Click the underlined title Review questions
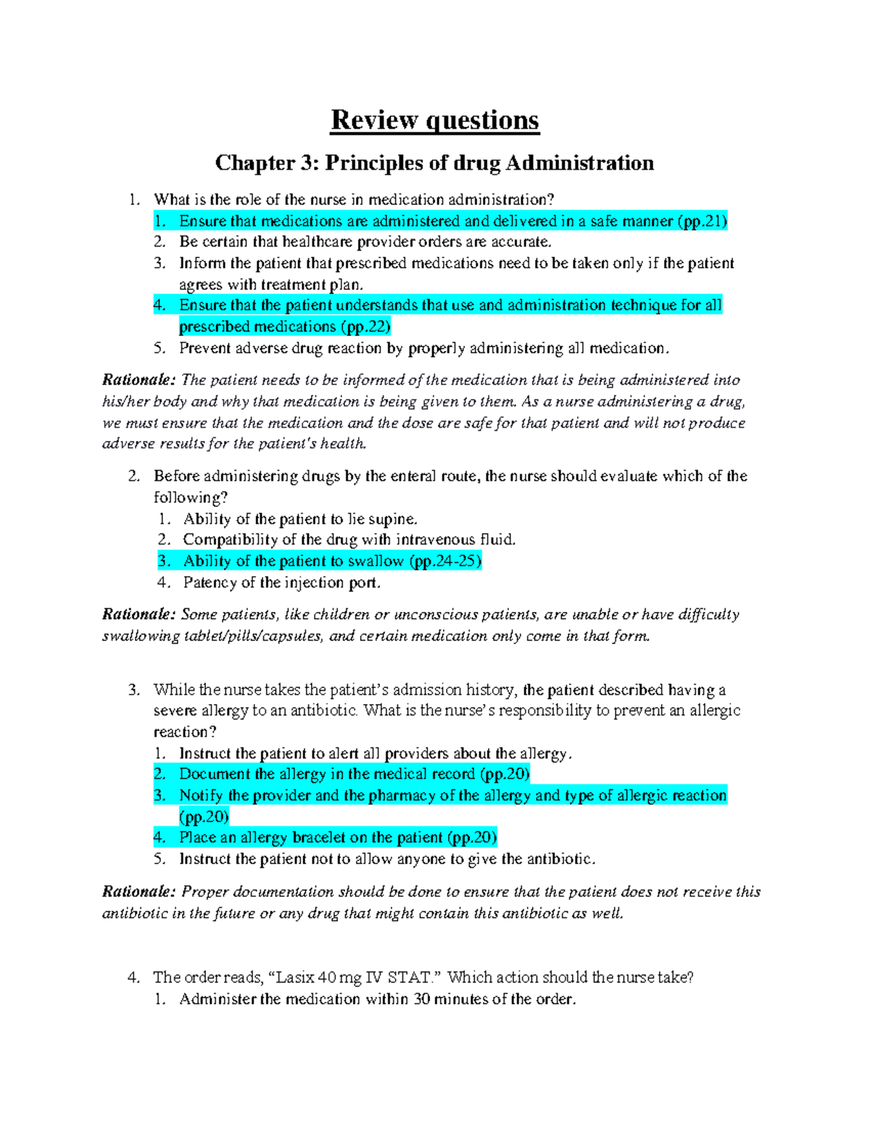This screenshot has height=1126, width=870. pos(434,120)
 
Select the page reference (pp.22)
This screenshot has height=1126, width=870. pos(365,327)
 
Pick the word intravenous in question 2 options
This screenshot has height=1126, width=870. pos(435,539)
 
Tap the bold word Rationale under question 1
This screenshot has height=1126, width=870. pos(138,380)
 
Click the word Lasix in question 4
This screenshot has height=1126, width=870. pos(295,977)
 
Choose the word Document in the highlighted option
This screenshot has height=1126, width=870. pos(214,774)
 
